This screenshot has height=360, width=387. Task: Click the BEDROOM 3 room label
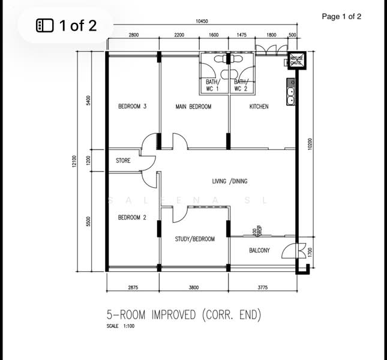[x=133, y=107]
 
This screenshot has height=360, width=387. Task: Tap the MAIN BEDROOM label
[x=193, y=107]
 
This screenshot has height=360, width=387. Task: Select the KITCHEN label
[x=259, y=107]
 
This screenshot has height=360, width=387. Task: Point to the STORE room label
[x=123, y=161]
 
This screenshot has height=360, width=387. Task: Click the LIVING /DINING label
[x=230, y=181]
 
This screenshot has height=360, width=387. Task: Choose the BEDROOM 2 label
[x=132, y=217]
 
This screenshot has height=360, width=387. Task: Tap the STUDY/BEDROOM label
[x=194, y=239]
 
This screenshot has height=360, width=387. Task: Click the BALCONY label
[x=259, y=251]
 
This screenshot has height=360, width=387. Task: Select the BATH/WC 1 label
[x=213, y=85]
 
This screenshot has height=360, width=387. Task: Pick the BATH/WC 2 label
[x=241, y=85]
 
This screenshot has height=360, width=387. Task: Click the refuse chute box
[x=297, y=61]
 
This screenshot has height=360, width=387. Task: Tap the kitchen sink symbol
[x=290, y=95]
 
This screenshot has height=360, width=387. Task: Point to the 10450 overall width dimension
[x=202, y=21]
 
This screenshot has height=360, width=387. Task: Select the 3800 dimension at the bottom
[x=193, y=288]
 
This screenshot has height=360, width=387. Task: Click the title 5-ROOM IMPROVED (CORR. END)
[x=184, y=314]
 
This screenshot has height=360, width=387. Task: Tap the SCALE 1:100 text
[x=121, y=326]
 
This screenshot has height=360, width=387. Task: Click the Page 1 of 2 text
[x=341, y=17]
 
